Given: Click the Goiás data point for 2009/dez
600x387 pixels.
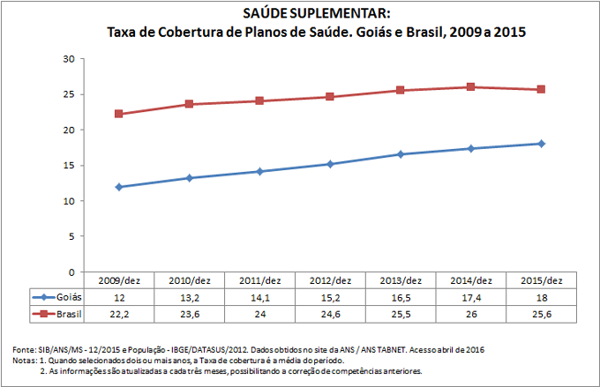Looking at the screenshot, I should click(118, 187).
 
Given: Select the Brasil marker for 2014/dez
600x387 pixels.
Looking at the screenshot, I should click(471, 86).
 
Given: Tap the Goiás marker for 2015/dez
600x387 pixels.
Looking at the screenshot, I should click(542, 144).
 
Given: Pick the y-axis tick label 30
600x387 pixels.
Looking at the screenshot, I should click(68, 59).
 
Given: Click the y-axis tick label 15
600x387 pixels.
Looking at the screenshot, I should click(68, 166).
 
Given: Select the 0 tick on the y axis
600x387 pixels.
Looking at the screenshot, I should click(71, 272).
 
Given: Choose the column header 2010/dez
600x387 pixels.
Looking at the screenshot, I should click(189, 280).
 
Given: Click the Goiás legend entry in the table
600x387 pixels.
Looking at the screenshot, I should click(55, 298).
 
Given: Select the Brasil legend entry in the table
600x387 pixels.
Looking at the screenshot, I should click(55, 314).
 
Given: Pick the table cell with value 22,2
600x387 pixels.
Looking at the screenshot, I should click(118, 314).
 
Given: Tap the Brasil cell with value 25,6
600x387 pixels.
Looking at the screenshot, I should click(542, 314).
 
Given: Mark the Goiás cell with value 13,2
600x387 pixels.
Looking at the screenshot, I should click(189, 298).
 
